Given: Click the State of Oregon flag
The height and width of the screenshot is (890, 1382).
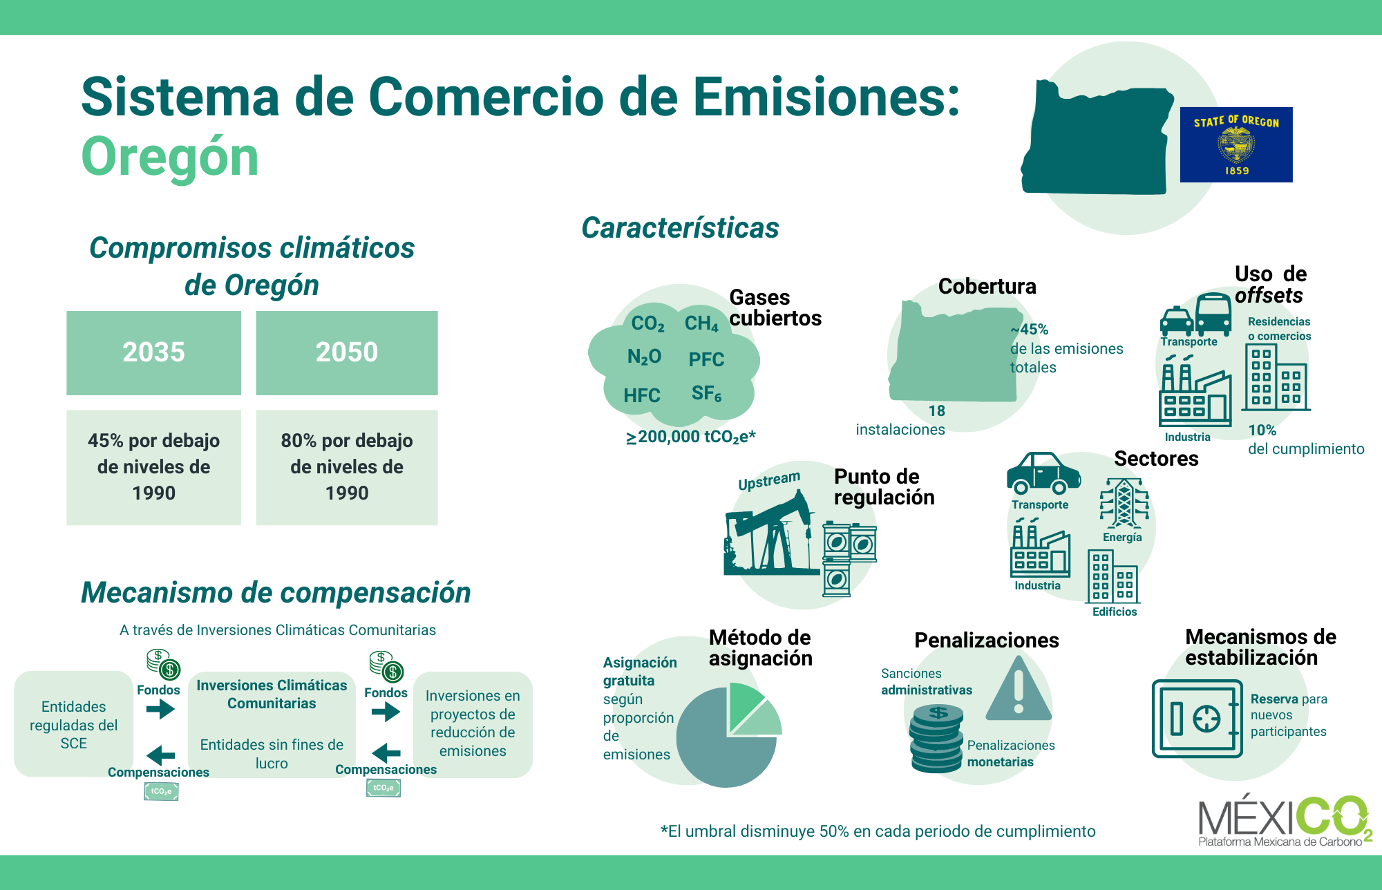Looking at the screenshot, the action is point(1236,144).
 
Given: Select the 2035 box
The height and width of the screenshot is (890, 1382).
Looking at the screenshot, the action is point(153,352).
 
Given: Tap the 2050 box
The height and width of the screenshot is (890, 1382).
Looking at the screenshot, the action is point(347,352).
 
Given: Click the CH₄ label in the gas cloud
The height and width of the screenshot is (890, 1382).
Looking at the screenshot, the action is point(701,323).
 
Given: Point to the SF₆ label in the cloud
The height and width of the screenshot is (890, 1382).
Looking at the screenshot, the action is point(706,394).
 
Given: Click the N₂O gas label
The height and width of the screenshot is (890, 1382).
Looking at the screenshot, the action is point(644,357).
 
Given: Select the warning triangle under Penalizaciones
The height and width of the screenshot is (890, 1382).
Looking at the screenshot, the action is point(1019,688).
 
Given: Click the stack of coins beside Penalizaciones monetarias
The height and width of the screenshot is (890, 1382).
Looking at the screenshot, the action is point(936,738).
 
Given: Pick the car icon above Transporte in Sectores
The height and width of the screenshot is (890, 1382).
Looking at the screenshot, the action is point(1043,473).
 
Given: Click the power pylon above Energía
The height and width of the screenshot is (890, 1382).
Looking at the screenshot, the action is point(1124,503).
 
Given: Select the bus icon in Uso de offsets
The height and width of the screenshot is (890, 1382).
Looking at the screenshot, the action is point(1213,314).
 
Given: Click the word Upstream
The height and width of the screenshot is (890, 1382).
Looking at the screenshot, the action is point(769,481).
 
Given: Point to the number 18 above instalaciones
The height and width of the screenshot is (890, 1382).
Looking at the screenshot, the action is point(936,411).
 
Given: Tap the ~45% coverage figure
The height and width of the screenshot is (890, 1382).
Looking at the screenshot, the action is point(1030,330).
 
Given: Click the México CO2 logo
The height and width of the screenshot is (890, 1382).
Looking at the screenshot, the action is point(1284,821).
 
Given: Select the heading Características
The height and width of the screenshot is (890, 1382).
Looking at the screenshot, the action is point(680,228).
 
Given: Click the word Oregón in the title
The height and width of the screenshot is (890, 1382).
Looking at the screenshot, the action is point(170,158).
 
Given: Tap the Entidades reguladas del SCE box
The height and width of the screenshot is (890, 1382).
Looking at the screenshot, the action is point(74,724).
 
